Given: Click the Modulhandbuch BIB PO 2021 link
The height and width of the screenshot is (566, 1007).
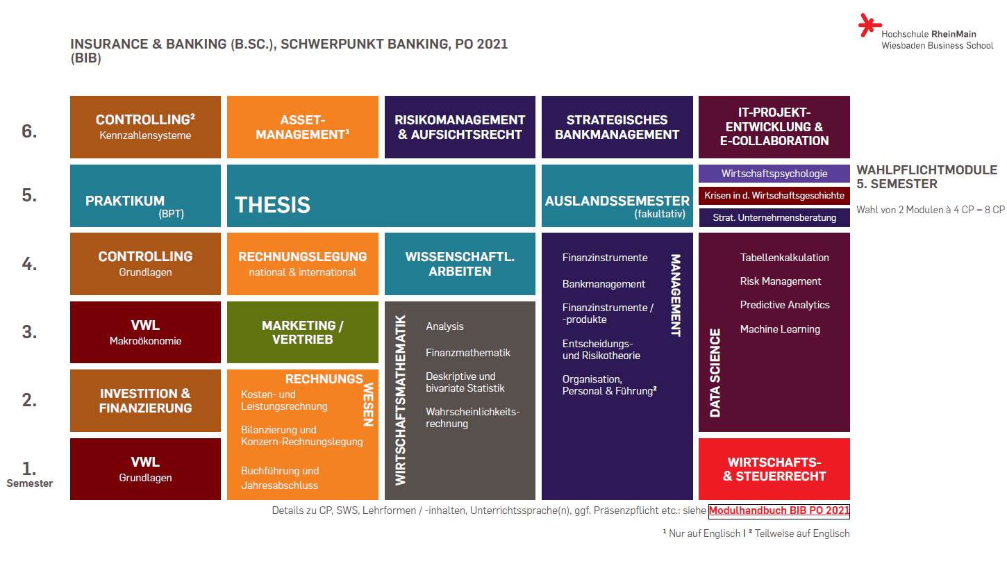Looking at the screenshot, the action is tap(779, 510).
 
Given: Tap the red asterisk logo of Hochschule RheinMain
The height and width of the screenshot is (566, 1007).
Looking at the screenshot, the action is tap(869, 25).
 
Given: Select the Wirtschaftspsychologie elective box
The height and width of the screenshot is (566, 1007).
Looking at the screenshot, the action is tap(774, 174).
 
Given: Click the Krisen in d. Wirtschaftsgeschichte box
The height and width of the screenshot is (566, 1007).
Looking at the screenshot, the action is tap(774, 196).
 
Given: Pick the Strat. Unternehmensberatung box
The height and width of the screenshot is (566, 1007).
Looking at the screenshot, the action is tap(774, 217).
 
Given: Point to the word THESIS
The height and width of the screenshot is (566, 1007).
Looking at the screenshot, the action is tap(272, 205).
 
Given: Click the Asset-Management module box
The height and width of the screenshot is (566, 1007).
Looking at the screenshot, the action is tap(303, 127).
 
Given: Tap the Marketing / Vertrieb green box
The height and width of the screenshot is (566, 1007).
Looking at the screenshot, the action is tap(303, 332).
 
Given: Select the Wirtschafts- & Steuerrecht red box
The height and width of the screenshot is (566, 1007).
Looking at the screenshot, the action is tap(774, 469).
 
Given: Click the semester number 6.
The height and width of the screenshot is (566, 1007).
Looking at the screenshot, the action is tap(29, 131).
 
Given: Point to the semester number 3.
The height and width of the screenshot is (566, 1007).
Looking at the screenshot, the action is tap(29, 332).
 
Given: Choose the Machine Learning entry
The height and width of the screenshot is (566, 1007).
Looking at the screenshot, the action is tap(780, 329).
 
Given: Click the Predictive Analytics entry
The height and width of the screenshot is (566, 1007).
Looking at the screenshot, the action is tap(785, 305).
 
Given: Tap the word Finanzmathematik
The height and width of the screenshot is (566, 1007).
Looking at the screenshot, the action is tap(468, 353).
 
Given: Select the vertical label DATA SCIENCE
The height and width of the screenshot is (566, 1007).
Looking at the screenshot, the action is tap(715, 373).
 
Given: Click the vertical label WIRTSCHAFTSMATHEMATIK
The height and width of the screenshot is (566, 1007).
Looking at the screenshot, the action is tap(400, 400).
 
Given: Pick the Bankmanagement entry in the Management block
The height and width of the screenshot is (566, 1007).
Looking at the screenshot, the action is tap(604, 284).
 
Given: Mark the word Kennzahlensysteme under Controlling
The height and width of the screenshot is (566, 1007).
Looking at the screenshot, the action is tap(145, 135).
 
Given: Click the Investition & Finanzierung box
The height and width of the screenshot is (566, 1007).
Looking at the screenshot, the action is tap(145, 401).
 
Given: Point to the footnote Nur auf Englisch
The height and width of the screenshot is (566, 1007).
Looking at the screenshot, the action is tap(701, 533).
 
